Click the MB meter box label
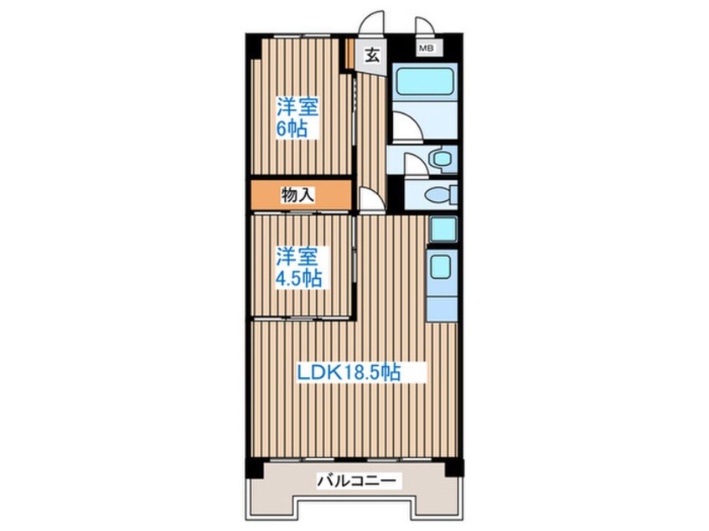point(426,49)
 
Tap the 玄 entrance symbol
point(372,56)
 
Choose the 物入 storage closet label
point(298,195)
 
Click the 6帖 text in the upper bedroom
point(292,129)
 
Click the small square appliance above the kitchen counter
point(442,229)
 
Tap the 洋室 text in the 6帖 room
point(298,106)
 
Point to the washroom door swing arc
point(413,164)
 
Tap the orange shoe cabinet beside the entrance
point(345,54)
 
